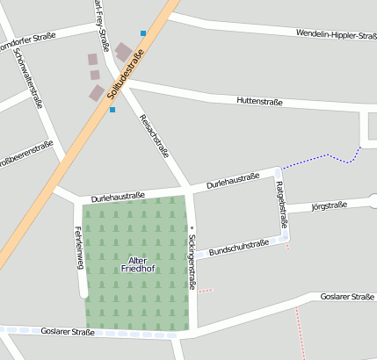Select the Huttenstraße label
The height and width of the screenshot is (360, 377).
259,102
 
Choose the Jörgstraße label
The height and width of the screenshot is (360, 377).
330,206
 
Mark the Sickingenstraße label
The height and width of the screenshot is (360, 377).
192,262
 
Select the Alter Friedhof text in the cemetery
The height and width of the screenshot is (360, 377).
136,264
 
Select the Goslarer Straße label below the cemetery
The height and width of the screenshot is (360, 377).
68,332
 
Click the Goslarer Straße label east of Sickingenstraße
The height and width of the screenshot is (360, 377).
347,298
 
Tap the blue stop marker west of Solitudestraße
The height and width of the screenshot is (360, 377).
112,110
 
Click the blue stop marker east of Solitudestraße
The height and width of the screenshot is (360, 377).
143,33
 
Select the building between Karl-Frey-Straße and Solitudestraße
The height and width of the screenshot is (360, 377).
122,54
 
